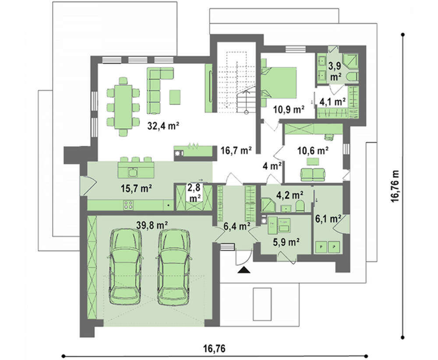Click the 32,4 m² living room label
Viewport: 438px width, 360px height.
click(163, 126)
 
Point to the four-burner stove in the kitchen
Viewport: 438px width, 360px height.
click(128, 205)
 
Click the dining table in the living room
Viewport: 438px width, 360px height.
click(123, 107)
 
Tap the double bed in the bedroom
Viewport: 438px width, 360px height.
click(279, 82)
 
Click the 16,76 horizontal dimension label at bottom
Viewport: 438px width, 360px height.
click(214, 349)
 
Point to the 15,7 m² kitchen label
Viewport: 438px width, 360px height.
click(136, 188)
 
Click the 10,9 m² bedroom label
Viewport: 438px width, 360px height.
click(289, 109)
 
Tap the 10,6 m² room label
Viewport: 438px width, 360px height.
click(313, 151)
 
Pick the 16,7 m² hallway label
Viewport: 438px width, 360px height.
click(237, 151)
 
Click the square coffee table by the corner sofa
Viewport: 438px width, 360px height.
click(175, 97)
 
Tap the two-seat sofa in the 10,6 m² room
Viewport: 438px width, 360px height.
click(313, 174)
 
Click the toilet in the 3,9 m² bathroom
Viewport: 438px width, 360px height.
click(352, 77)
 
